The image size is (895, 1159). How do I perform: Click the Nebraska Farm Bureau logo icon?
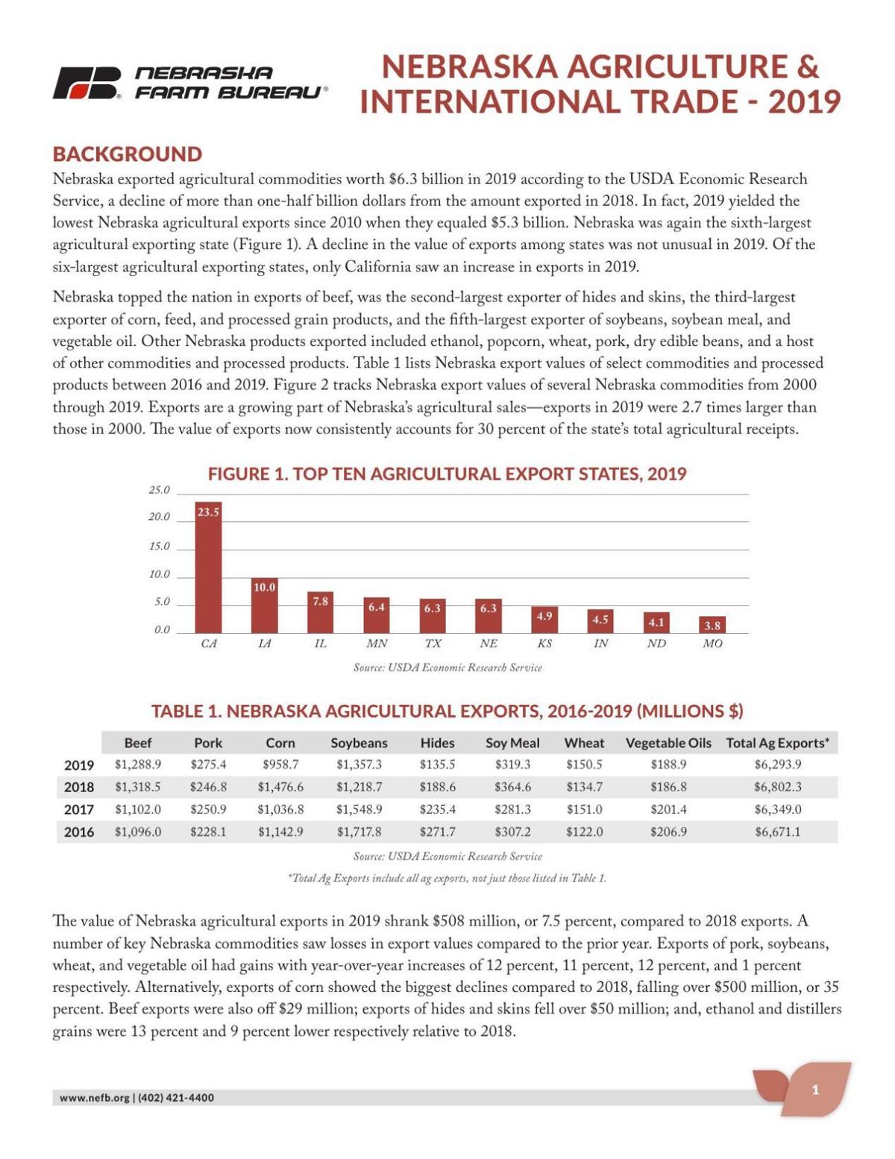pyautogui.click(x=87, y=84)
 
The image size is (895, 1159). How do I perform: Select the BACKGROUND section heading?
pyautogui.click(x=127, y=154)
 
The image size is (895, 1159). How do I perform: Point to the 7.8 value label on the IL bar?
pyautogui.click(x=321, y=601)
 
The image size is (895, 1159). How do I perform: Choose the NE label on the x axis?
pyautogui.click(x=489, y=644)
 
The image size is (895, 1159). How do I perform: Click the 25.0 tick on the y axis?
pyautogui.click(x=159, y=490)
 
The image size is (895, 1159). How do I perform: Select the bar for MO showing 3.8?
pyautogui.click(x=712, y=625)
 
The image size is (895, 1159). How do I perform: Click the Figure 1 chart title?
pyautogui.click(x=447, y=474)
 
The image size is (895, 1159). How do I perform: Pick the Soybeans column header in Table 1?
pyautogui.click(x=359, y=743)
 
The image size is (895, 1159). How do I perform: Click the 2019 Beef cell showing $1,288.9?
pyautogui.click(x=138, y=764)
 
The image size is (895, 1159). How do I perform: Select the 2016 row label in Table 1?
pyautogui.click(x=79, y=832)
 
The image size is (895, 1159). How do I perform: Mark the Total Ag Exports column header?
pyautogui.click(x=777, y=743)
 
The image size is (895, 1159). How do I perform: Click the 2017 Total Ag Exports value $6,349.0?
pyautogui.click(x=777, y=809)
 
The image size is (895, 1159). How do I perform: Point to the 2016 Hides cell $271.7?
pyautogui.click(x=437, y=832)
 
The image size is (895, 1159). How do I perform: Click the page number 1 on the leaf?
pyautogui.click(x=815, y=1090)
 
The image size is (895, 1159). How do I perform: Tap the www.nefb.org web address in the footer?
pyautogui.click(x=94, y=1098)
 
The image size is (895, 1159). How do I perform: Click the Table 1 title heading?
pyautogui.click(x=447, y=711)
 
